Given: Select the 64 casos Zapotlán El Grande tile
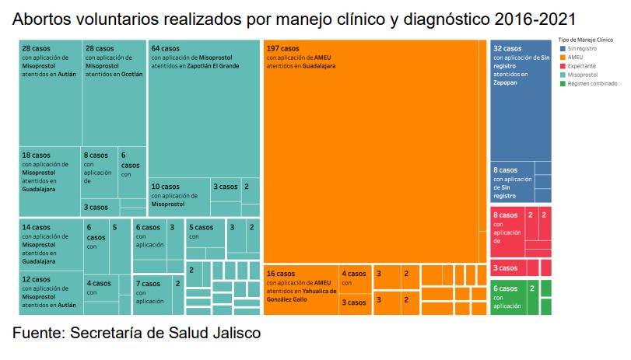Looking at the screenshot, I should (204, 109).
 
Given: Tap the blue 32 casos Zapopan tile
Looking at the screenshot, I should (521, 101).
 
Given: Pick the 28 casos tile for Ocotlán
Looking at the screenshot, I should (114, 93).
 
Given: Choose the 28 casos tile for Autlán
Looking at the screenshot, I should (50, 93).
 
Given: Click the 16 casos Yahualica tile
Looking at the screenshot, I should (301, 289).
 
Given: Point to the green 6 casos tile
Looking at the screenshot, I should (507, 296).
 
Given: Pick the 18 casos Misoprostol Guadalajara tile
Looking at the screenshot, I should (49, 180).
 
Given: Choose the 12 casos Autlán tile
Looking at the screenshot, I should (51, 292).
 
